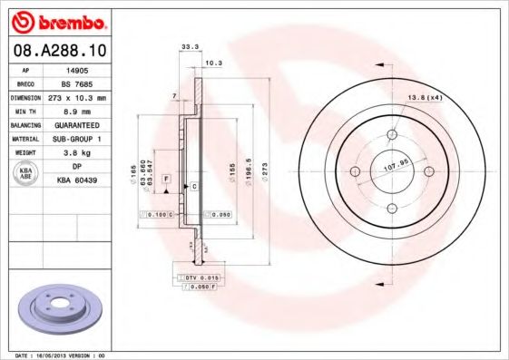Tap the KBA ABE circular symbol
coord(25,173)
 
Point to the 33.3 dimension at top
coord(190,44)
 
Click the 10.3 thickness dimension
coord(213,63)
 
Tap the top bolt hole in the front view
coord(393,137)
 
